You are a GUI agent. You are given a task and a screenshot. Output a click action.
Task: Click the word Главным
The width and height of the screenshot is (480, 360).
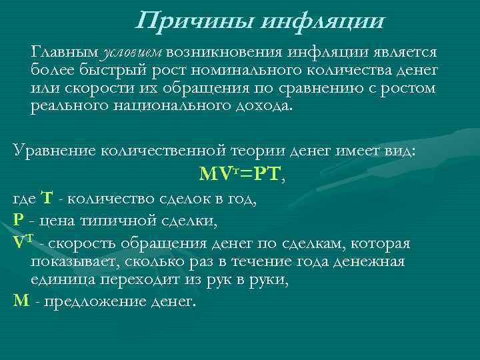pyautogui.click(x=65, y=52)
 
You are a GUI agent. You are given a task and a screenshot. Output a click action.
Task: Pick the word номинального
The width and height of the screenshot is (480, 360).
pyautogui.click(x=253, y=70)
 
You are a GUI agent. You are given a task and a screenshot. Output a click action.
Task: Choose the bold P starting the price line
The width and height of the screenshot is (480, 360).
pyautogui.click(x=18, y=218)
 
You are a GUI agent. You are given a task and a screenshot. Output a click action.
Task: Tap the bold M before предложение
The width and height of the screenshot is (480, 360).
pyautogui.click(x=21, y=301)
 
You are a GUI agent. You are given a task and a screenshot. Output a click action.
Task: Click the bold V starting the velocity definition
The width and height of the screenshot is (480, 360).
pyautogui.click(x=19, y=243)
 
